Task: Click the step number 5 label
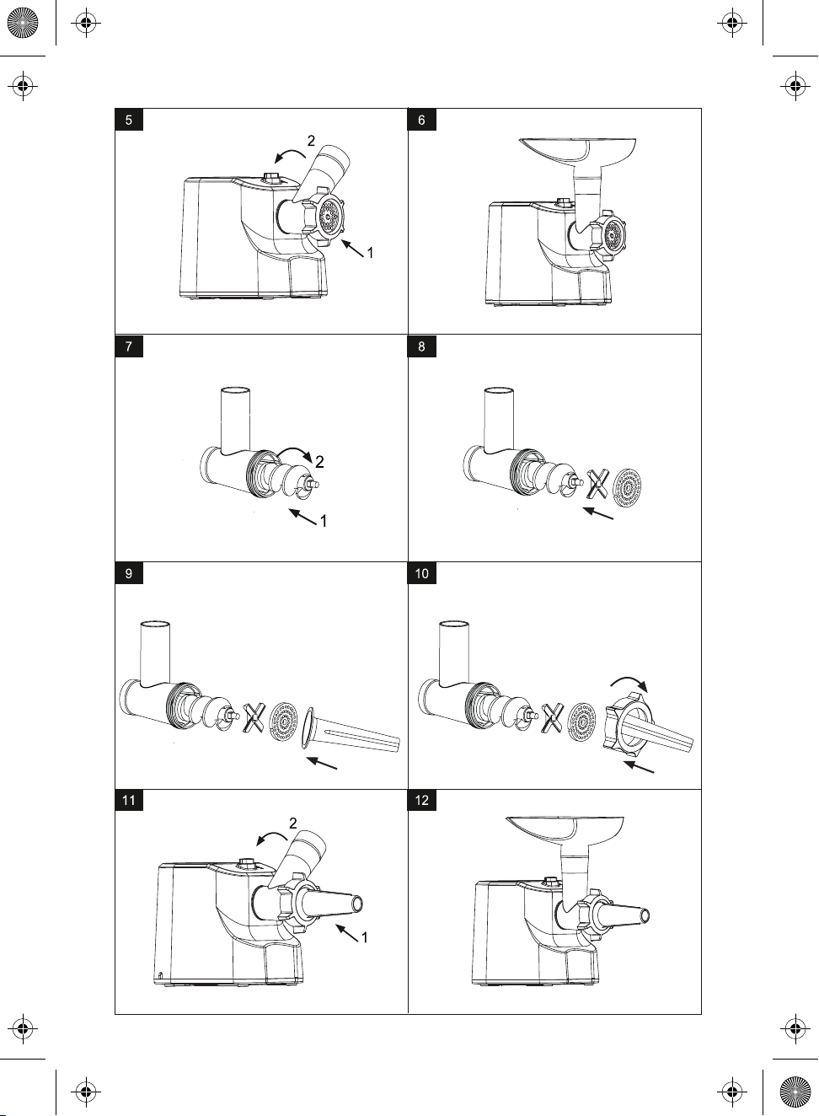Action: click(x=129, y=120)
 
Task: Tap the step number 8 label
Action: click(x=422, y=346)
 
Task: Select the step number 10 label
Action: click(x=422, y=573)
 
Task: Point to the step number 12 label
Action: click(x=422, y=801)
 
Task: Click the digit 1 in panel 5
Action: click(x=370, y=253)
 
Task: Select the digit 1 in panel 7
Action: click(x=324, y=521)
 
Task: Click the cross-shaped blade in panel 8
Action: click(x=597, y=483)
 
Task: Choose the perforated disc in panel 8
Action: click(x=627, y=488)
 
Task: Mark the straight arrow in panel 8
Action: click(x=597, y=513)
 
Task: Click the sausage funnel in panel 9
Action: click(x=351, y=732)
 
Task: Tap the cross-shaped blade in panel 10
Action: click(x=553, y=718)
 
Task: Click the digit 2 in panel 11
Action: click(x=293, y=823)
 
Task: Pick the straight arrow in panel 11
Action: click(x=347, y=932)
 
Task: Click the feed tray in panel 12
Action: click(x=565, y=829)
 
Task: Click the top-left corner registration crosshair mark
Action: click(x=86, y=23)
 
